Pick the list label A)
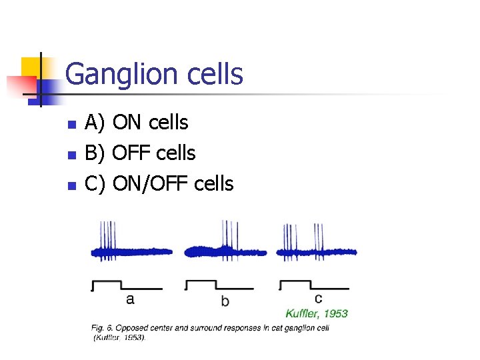coord(96,123)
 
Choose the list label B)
coord(96,153)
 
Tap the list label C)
coord(96,183)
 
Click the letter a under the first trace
coord(130,299)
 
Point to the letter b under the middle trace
coord(225,301)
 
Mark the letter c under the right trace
coord(318,298)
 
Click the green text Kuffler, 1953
coord(317,313)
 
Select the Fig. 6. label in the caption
coord(103,327)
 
